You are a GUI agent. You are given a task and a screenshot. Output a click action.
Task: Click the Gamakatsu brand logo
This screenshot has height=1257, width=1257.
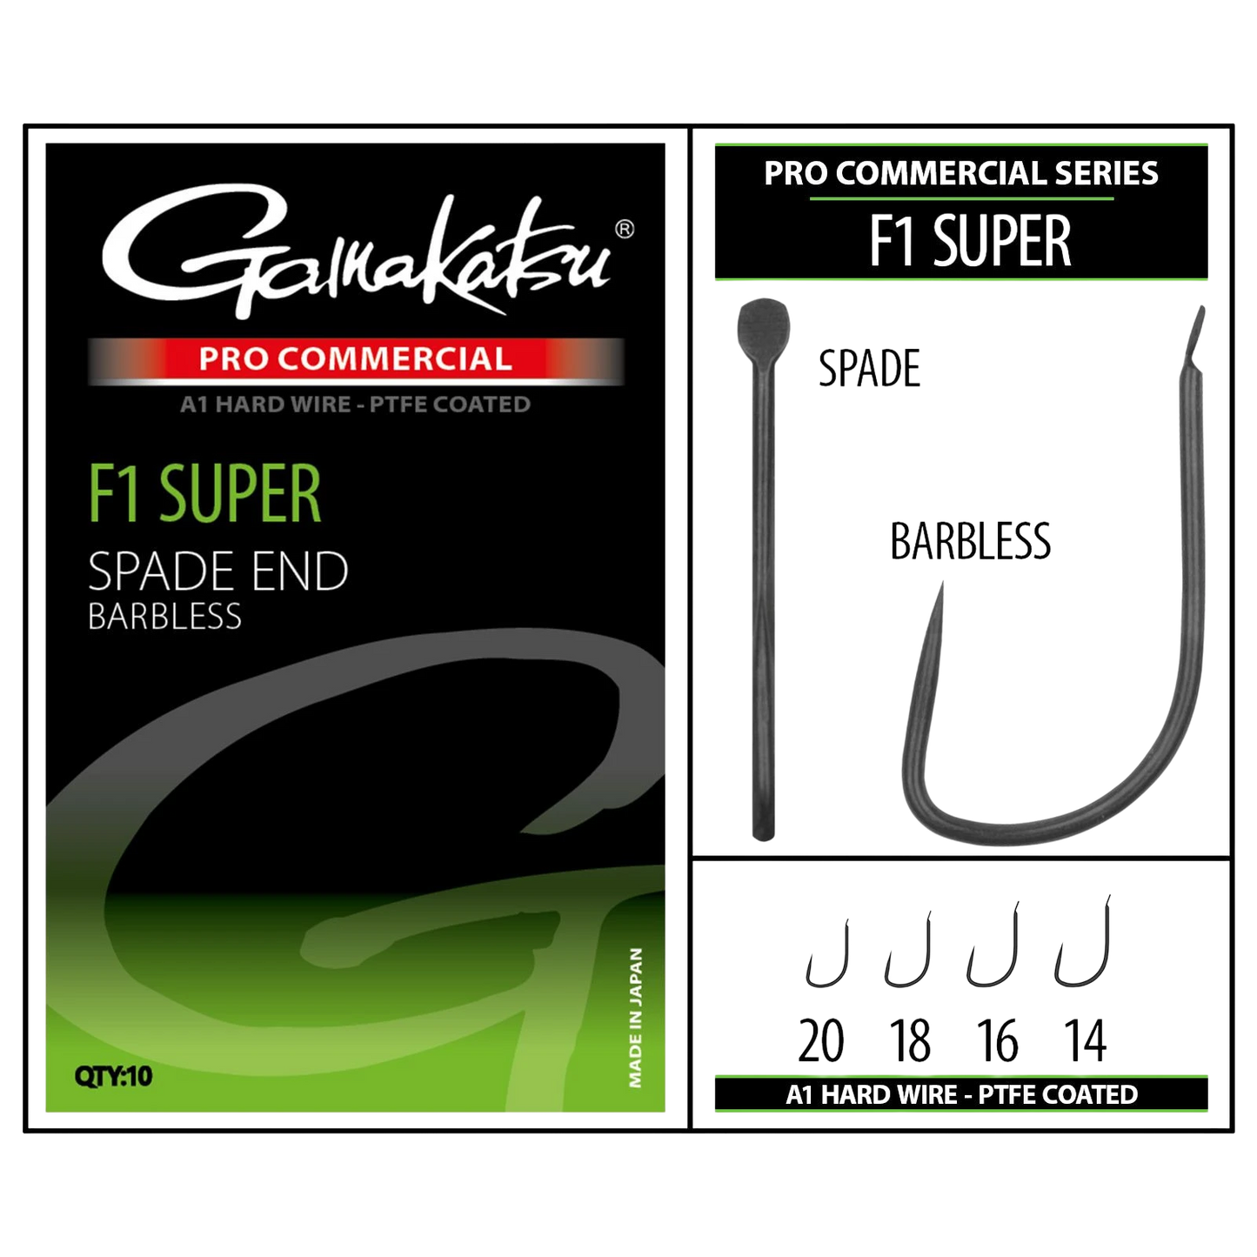click(x=358, y=254)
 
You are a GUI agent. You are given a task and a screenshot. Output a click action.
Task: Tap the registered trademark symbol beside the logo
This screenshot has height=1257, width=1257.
click(x=625, y=230)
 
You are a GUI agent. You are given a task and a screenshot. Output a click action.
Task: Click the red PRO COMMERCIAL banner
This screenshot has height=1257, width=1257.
click(x=356, y=359)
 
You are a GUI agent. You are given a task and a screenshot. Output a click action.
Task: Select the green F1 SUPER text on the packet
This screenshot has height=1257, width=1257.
click(x=204, y=493)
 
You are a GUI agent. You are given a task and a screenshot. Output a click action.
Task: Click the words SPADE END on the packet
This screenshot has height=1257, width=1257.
click(x=217, y=572)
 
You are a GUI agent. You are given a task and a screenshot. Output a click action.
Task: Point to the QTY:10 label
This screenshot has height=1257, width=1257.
click(x=113, y=1076)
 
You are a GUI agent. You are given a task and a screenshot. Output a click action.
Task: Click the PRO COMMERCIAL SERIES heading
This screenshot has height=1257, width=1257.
click(x=961, y=173)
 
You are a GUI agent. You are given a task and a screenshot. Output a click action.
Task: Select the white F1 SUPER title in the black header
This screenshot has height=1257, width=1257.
click(x=970, y=241)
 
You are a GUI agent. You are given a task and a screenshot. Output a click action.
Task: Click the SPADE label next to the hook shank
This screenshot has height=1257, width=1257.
click(x=869, y=369)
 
